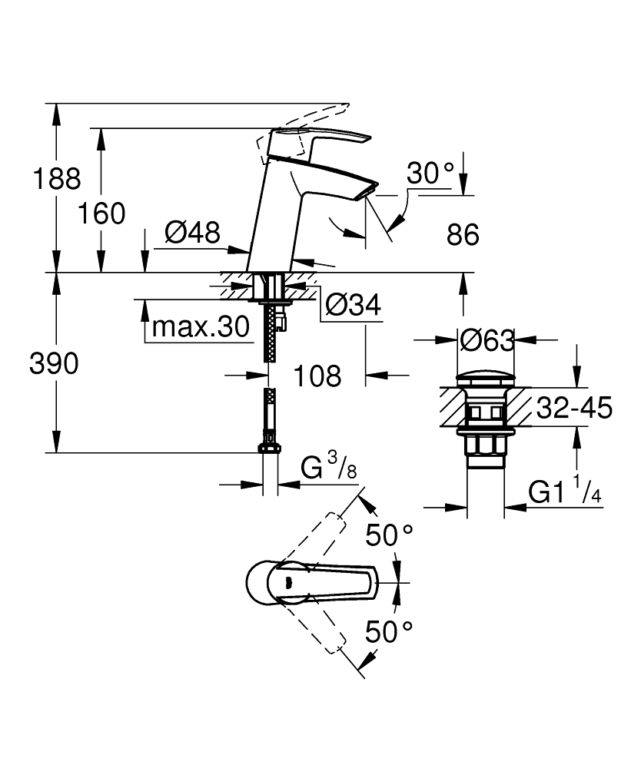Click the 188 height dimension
point(57,179)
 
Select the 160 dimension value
point(102,214)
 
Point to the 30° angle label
point(430,173)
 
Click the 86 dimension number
point(463,235)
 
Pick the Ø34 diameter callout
point(354,305)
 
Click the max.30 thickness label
point(201,326)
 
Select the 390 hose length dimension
point(54,363)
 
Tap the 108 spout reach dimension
point(317,376)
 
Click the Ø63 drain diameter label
point(487,340)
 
